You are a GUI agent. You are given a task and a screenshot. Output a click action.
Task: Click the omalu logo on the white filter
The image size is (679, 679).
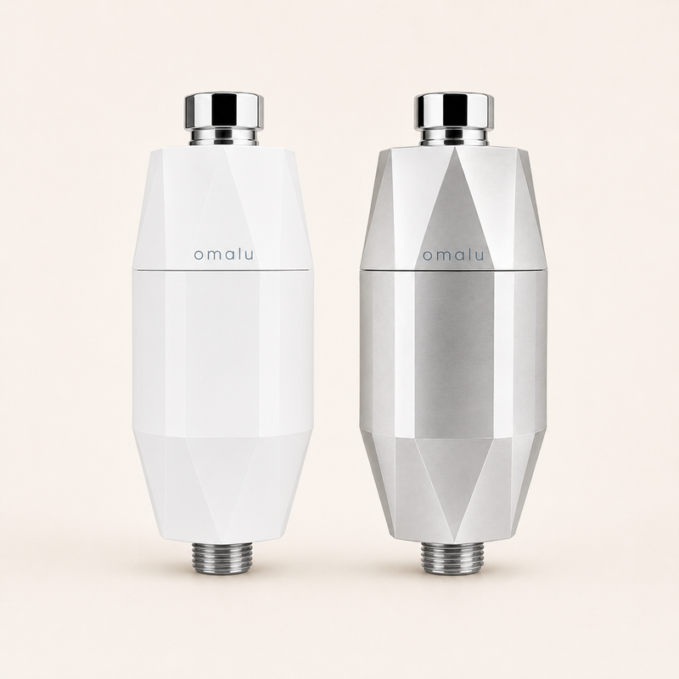tap(223, 255)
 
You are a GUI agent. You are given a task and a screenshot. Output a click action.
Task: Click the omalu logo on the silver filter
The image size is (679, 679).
tap(453, 255)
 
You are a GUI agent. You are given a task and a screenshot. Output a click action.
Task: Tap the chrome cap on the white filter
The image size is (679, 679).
tap(224, 111)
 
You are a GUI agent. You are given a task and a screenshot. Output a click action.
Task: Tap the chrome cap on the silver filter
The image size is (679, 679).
tap(454, 111)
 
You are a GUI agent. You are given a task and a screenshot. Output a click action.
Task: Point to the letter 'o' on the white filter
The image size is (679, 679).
tap(199, 256)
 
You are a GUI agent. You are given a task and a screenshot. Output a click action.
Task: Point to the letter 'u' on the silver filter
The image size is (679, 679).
tap(479, 256)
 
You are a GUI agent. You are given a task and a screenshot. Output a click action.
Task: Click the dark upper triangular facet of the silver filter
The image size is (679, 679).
tap(455, 212)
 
